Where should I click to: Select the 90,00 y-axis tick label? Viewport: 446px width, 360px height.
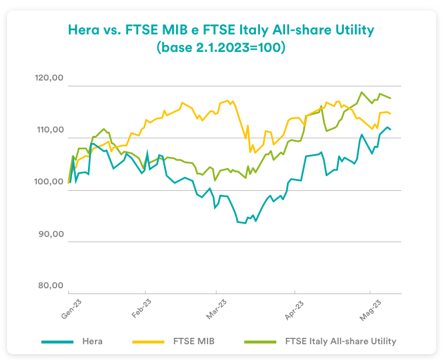[x=49, y=234]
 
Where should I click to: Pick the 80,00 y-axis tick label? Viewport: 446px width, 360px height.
[x=49, y=286]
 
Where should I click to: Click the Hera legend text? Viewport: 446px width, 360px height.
[x=93, y=341]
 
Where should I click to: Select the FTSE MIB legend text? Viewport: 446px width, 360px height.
[x=194, y=341]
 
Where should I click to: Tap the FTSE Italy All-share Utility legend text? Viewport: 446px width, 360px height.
[x=341, y=341]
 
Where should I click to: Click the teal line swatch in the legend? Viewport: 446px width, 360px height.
[x=58, y=341]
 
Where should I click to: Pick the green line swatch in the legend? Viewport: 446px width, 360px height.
[x=259, y=341]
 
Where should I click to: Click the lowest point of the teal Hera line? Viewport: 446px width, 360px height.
[x=244, y=223]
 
